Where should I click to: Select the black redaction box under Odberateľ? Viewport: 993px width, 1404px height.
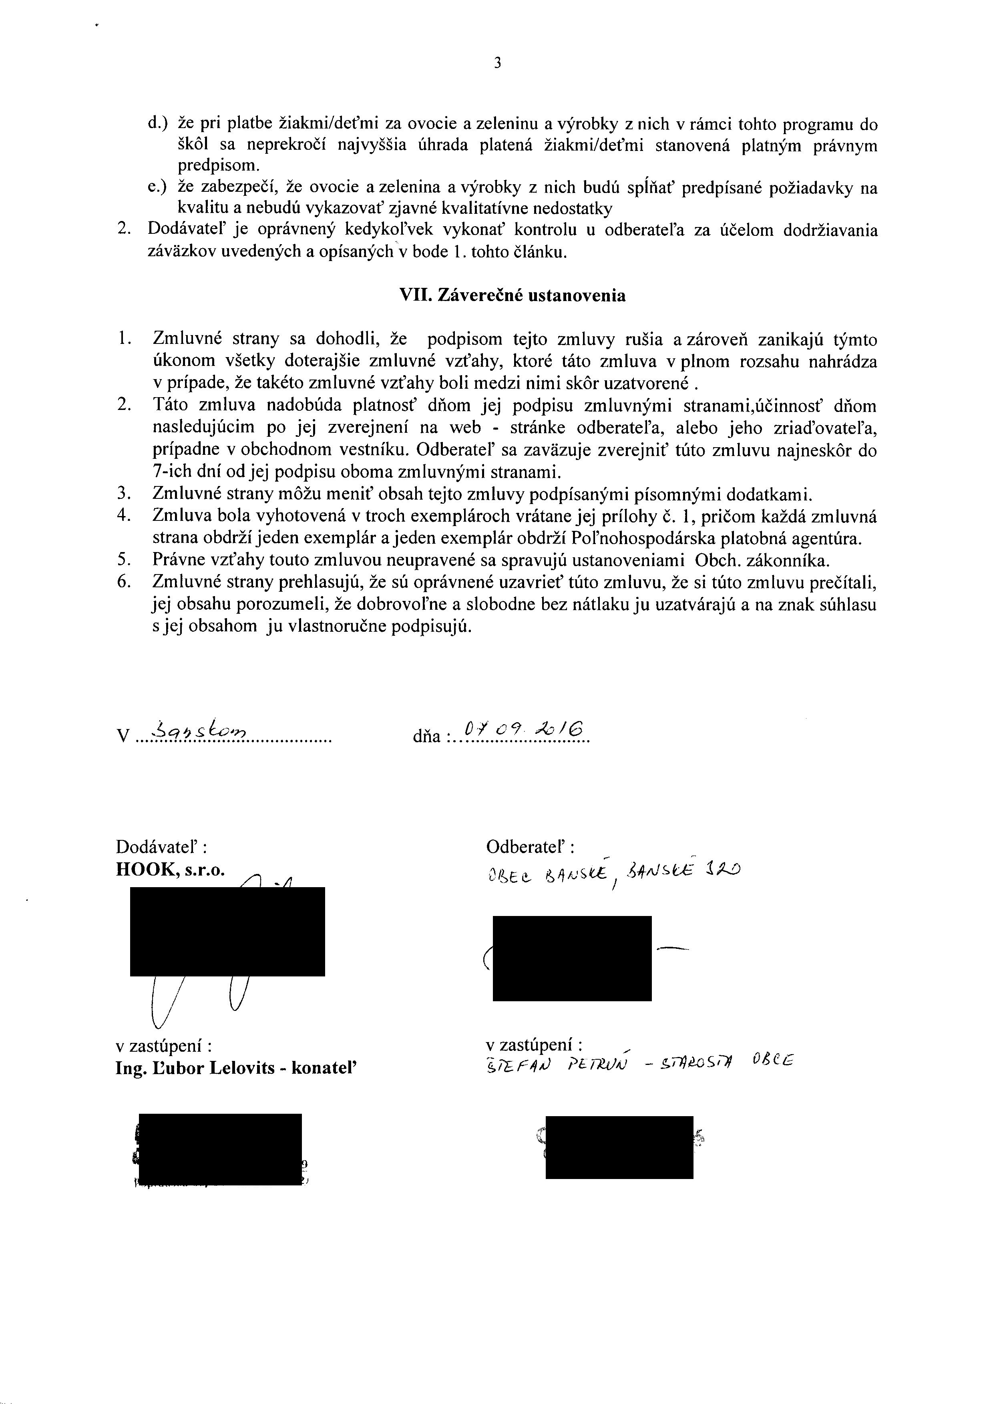(x=572, y=958)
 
